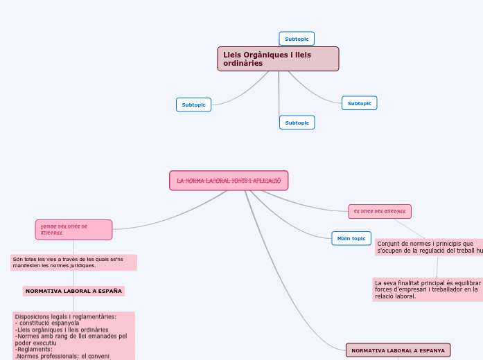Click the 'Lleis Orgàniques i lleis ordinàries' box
tap(278, 59)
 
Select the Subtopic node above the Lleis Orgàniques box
tap(297, 39)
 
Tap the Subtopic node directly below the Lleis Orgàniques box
tap(297, 123)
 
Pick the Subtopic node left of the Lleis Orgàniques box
tap(193, 105)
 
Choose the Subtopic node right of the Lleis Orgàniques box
tap(359, 103)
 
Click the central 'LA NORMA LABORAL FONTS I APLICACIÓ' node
tap(229, 181)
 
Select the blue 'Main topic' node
tap(351, 238)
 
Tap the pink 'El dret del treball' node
tap(380, 211)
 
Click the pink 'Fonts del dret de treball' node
tap(73, 229)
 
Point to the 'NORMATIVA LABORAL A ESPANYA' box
tap(398, 350)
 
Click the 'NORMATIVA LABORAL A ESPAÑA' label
tap(73, 291)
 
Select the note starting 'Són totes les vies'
tap(73, 262)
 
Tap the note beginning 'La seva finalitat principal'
tap(427, 289)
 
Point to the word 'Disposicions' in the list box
tap(31, 316)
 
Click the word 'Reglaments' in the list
tap(34, 349)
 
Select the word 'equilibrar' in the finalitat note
tap(464, 283)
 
